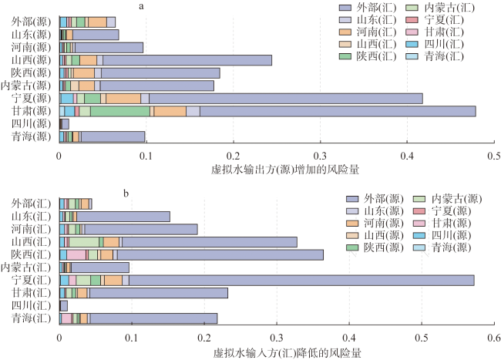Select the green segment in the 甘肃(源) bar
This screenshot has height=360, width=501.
(120, 111)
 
